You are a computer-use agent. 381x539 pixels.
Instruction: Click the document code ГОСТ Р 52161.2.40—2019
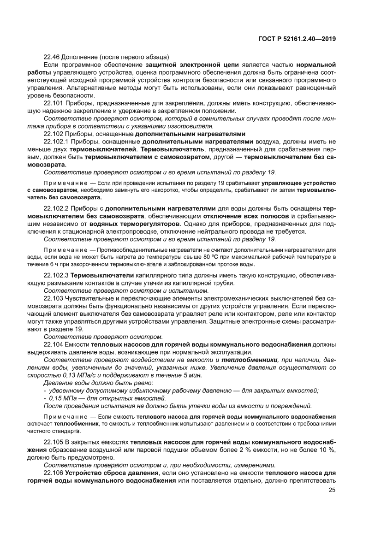tap(296, 39)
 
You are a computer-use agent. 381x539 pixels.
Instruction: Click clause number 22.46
tap(52, 57)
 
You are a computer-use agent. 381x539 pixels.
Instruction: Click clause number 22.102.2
tap(56, 208)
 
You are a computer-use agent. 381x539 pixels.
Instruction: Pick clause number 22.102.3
tap(56, 275)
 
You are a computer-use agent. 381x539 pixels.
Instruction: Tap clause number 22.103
tap(54, 298)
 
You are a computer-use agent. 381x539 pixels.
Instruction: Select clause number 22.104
tap(54, 344)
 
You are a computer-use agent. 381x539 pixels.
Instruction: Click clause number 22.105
tap(54, 441)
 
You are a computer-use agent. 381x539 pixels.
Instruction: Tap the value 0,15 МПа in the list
tap(60, 398)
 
